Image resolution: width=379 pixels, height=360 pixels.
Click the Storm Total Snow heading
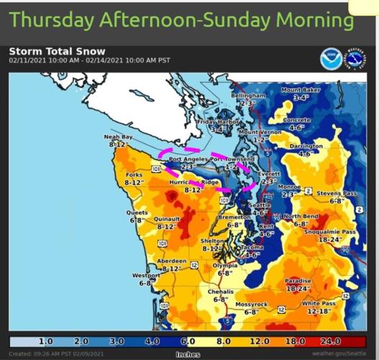point(57,51)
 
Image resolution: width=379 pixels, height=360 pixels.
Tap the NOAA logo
point(332,58)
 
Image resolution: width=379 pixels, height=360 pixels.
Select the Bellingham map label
point(248,96)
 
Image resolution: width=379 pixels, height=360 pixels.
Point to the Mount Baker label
point(300,90)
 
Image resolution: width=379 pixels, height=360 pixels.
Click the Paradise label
point(298,282)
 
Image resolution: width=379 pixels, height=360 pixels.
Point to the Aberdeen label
point(171,261)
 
